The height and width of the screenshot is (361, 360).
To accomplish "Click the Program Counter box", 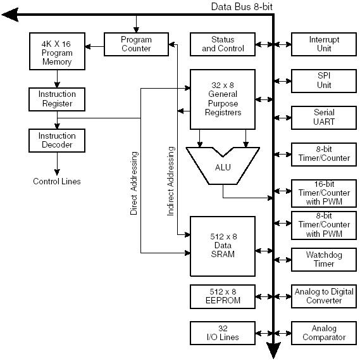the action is point(136,44).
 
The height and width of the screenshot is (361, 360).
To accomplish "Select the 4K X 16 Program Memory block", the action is point(57,51).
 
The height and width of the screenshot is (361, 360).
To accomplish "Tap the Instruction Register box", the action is point(57,99).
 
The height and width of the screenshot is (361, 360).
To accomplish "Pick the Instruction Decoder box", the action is point(57,141).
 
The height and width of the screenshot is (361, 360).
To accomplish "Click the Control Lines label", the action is point(57,181).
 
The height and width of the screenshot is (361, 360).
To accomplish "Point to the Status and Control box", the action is point(223,44).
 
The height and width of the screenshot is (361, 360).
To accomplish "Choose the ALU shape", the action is point(223,166).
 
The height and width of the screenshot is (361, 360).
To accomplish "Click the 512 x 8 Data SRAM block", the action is point(223,246).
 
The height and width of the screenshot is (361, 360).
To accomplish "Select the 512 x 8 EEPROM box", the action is point(223,296).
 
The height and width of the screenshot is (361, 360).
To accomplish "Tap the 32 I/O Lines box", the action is point(223,333).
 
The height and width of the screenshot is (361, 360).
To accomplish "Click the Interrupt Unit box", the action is point(324,44).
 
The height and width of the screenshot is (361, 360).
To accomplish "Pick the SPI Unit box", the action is point(324,81).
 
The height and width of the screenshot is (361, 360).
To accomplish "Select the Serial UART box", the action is point(324,118).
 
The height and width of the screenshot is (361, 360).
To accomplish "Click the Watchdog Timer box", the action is point(324,260).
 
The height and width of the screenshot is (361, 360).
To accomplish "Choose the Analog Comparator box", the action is point(324,333).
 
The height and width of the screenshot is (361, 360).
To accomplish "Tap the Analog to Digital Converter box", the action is point(324,296).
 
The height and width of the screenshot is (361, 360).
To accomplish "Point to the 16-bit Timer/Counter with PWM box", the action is point(324,193).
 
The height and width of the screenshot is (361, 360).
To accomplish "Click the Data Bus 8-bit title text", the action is point(242,7).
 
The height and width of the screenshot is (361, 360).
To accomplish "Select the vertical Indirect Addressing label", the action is point(171,181).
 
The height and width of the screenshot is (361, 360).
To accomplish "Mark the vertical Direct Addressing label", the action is point(134,183).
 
